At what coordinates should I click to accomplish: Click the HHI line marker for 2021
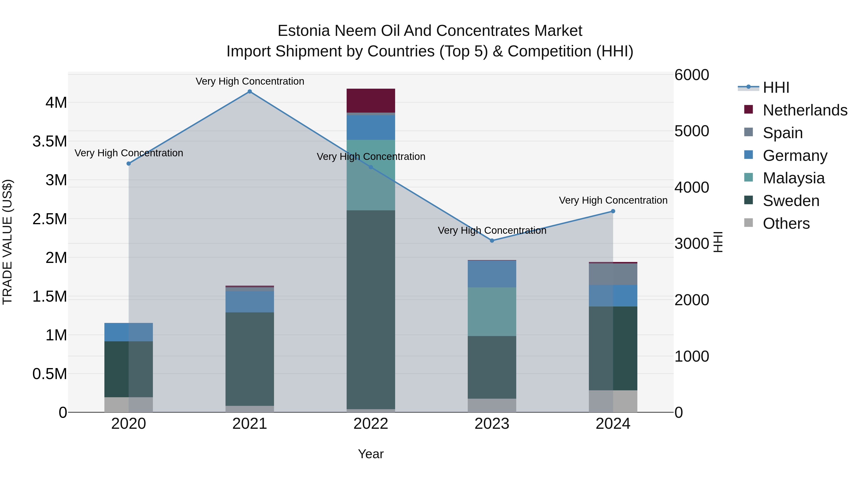tap(249, 92)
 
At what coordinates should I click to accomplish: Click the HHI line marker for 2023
tap(492, 240)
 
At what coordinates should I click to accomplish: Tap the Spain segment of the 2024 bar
tap(613, 274)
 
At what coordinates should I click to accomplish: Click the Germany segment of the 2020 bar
tap(129, 332)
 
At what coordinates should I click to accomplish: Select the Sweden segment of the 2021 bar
tap(249, 359)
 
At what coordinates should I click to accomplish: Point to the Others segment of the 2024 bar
tap(613, 401)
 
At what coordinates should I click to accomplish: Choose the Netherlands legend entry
tap(805, 110)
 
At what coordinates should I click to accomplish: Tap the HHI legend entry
tap(775, 87)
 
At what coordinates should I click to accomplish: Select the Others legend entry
tap(786, 223)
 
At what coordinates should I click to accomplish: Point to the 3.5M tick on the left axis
tap(50, 141)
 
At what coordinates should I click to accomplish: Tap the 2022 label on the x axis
tap(371, 424)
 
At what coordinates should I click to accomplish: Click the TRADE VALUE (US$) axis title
tap(7, 242)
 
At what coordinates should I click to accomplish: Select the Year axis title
tap(371, 454)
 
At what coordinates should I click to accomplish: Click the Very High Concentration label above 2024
tap(613, 201)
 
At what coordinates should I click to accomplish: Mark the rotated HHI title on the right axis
tap(718, 242)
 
